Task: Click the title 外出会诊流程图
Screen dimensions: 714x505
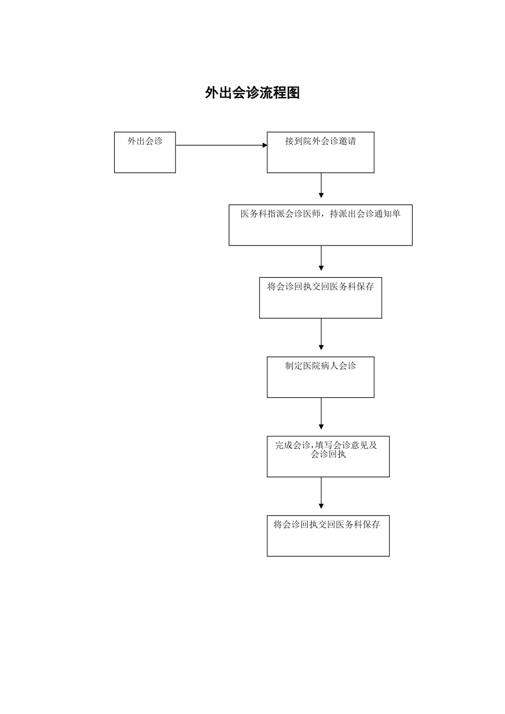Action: point(252,93)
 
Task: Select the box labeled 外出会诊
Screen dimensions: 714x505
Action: point(145,152)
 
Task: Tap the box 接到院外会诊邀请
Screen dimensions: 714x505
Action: point(320,152)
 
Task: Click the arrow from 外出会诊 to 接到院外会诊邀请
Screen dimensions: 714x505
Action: point(221,145)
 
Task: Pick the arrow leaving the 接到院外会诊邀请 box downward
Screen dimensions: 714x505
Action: point(321,185)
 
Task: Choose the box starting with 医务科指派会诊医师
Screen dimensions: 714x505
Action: point(320,225)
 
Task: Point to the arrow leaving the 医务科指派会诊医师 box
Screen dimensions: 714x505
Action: point(321,258)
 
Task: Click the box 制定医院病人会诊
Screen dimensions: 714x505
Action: point(320,377)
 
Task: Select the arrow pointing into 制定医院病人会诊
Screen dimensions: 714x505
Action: point(321,335)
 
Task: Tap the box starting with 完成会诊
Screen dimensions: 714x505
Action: point(328,457)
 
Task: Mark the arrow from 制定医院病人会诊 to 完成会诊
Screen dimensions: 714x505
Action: point(321,414)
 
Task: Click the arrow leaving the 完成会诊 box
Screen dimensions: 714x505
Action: point(321,493)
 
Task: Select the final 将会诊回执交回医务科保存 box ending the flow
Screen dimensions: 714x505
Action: point(328,536)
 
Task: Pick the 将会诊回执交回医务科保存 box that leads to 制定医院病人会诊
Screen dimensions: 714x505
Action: point(320,297)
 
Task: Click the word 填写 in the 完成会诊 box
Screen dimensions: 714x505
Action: point(324,446)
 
